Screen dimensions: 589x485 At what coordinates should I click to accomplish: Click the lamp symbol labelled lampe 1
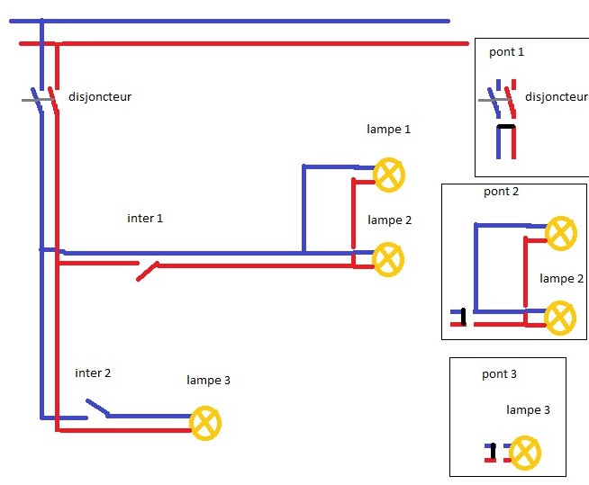point(389,175)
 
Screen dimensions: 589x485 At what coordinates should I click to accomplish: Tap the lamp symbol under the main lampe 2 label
point(388,259)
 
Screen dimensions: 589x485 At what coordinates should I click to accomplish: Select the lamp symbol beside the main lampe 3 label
point(205,423)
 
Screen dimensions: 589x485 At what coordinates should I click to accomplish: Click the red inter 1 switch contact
point(148,271)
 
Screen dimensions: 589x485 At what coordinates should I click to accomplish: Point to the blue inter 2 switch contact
point(97,408)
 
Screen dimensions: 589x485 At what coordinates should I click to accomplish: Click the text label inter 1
point(145,218)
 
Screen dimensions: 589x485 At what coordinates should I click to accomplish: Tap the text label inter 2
point(93,373)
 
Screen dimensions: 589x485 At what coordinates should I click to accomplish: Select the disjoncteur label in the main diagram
point(100,96)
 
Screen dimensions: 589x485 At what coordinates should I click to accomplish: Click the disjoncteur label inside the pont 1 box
point(557,96)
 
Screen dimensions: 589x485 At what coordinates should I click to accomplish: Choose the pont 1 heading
point(506,52)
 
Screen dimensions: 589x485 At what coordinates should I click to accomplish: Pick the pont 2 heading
point(501,192)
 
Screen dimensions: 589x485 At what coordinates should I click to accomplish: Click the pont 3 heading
point(499,374)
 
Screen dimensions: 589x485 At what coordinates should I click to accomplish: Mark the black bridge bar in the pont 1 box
point(506,127)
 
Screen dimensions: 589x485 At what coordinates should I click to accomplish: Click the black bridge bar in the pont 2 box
point(464,317)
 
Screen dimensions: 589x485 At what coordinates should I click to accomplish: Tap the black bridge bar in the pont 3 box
point(494,452)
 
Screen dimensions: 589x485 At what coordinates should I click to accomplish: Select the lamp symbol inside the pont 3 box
point(525,453)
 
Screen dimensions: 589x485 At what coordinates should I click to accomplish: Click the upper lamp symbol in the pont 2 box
point(561,233)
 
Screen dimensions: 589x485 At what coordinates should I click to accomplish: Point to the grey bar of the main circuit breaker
point(36,100)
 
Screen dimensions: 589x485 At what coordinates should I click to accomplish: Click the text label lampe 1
point(388,130)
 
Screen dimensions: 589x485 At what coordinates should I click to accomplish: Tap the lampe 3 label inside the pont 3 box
point(528,409)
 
